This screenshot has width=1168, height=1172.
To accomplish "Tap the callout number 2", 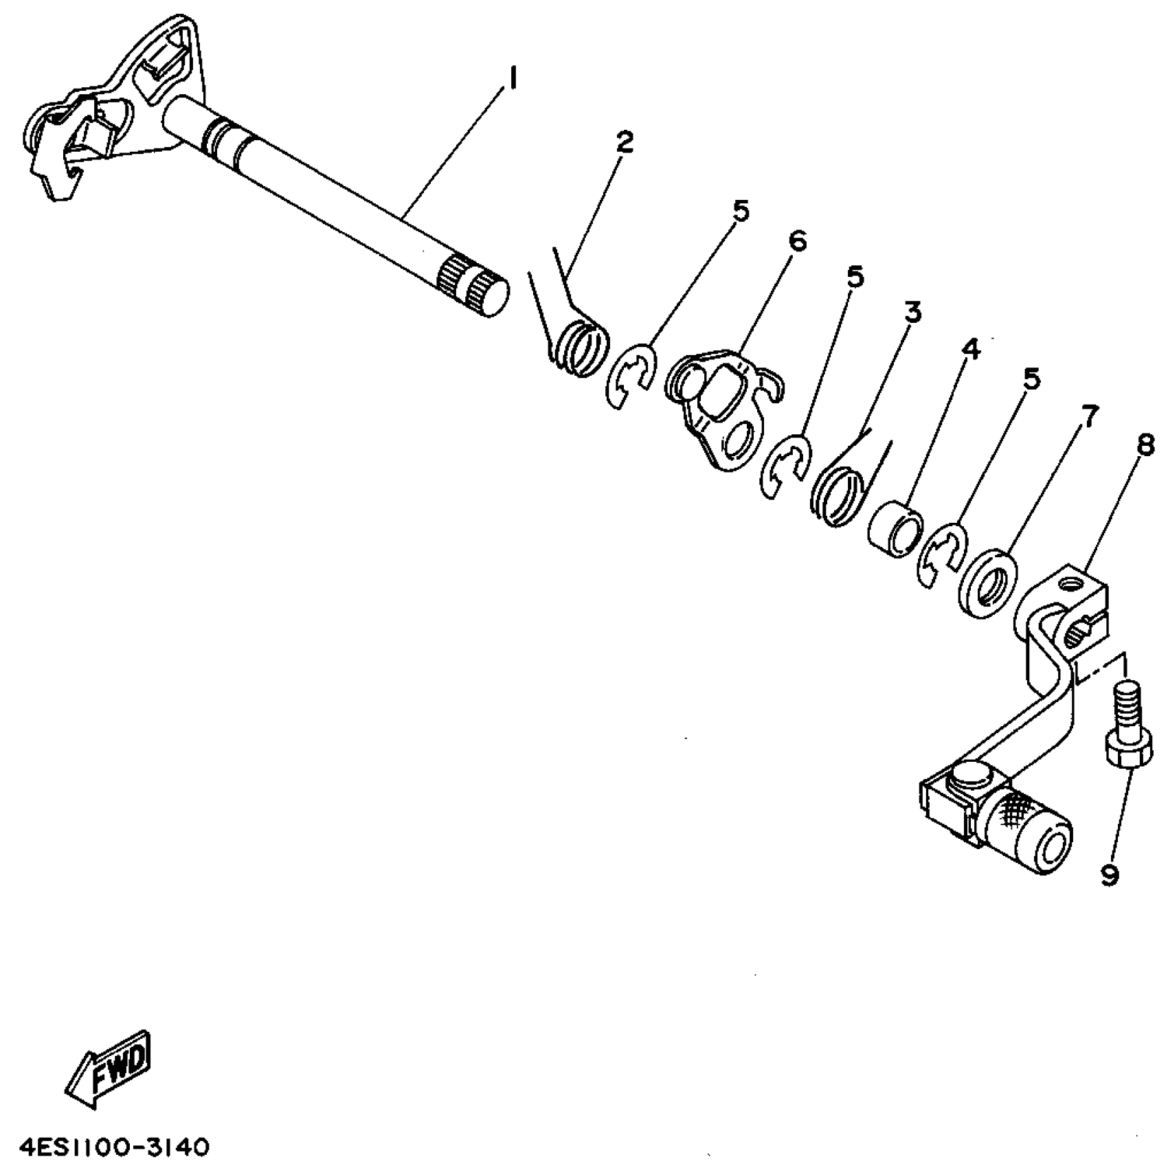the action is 624,142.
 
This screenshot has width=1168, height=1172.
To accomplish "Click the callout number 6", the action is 798,241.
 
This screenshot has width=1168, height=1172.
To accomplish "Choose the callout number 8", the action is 1144,447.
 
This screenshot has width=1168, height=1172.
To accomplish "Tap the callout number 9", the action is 1109,874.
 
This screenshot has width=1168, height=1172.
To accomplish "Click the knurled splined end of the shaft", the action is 472,287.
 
